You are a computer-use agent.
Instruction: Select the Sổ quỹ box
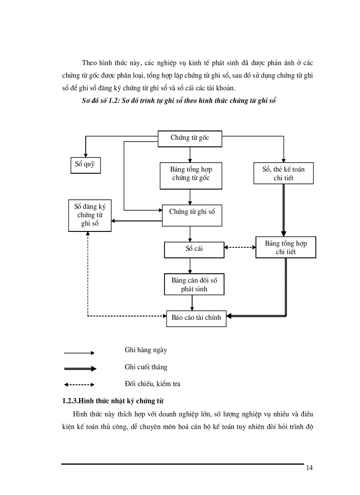click(85, 165)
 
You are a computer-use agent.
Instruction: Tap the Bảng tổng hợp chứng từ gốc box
click(190, 174)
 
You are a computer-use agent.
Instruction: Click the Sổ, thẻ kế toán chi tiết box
click(283, 173)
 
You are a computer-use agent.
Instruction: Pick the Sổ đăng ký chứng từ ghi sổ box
click(90, 215)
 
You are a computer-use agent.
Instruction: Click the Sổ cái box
click(194, 249)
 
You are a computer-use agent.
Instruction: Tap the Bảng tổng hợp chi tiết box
click(285, 248)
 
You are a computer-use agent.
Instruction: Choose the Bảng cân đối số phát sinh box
click(194, 285)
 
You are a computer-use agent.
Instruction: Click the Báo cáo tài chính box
click(196, 316)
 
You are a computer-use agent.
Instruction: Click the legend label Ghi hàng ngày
click(146, 350)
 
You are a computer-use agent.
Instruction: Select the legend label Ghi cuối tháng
click(146, 367)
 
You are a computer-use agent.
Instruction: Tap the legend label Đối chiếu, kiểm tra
click(152, 383)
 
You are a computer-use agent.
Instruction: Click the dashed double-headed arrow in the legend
click(79, 384)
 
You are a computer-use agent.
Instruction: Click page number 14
click(309, 468)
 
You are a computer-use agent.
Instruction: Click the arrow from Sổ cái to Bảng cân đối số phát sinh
click(190, 266)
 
